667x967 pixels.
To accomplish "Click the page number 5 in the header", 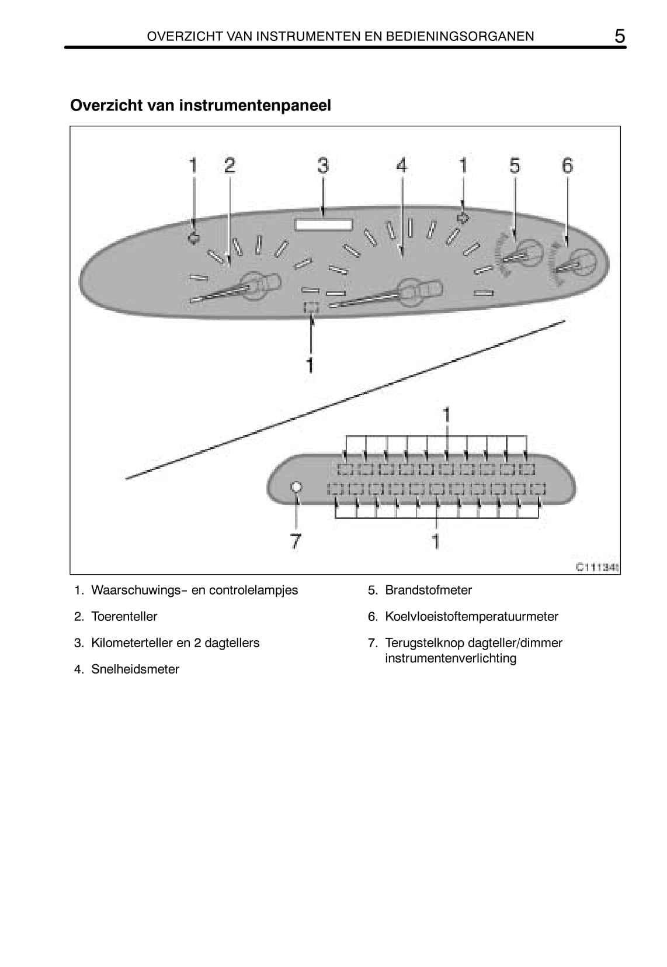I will click(x=619, y=36).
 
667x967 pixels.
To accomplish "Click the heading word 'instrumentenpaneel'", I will click(x=255, y=105).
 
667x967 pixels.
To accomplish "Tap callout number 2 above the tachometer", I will click(x=230, y=165).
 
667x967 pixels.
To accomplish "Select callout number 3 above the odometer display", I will click(x=323, y=165).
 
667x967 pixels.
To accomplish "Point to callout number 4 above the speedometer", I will click(x=402, y=165).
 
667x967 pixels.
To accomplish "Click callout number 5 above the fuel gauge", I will click(x=515, y=165).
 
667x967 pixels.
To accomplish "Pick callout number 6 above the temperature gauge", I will click(x=567, y=165).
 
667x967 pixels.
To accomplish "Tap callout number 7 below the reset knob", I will click(x=296, y=541).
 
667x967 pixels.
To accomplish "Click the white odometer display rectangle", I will click(x=324, y=225).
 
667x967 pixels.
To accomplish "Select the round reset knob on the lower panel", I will click(x=296, y=486).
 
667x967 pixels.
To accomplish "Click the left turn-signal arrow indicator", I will click(x=194, y=238).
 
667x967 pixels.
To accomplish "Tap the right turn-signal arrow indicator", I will click(x=463, y=218).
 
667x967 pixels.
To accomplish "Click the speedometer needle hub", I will click(x=409, y=291).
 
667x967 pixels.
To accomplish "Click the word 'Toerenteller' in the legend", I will click(x=124, y=616).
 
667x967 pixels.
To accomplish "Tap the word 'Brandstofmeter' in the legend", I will click(x=428, y=590).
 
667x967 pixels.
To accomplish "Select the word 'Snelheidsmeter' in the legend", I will click(x=135, y=669).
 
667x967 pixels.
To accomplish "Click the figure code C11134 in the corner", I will click(x=597, y=567).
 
